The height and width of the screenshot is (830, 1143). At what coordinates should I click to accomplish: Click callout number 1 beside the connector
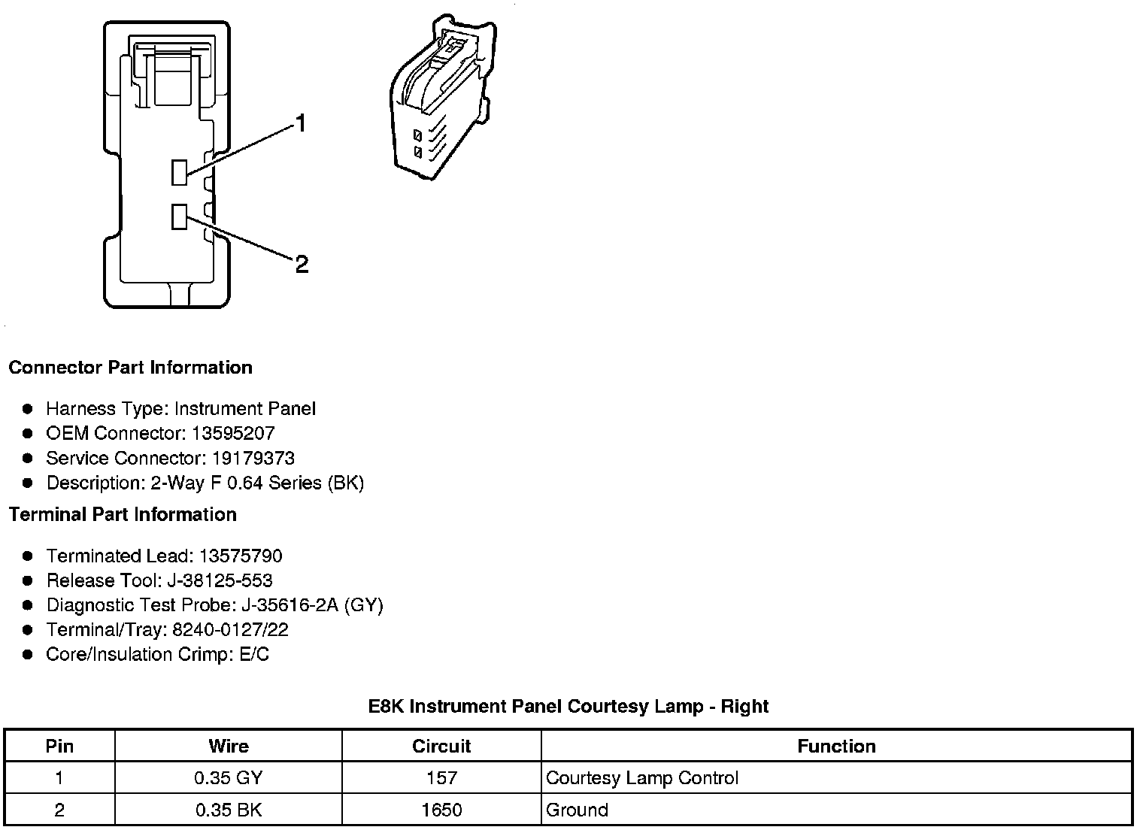coord(301,123)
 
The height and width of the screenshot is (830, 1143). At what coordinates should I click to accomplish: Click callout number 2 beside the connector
coord(302,264)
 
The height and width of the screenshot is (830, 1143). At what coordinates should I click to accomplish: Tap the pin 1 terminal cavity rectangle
coord(179,172)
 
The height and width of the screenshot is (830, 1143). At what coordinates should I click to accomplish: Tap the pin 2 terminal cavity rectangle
coord(179,217)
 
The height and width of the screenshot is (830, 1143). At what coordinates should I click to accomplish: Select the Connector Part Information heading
coord(130,368)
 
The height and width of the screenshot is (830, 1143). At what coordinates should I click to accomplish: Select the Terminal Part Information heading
coord(123,515)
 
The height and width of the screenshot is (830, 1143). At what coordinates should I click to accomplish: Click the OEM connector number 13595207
coord(233,433)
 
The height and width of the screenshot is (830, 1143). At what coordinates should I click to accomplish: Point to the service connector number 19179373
coord(253,458)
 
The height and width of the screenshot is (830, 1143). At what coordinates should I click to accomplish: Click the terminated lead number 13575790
coord(241,556)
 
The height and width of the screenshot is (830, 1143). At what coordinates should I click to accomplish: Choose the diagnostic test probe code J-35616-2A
coord(290,605)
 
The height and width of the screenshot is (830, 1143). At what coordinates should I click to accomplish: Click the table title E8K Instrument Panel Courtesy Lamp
coord(568,707)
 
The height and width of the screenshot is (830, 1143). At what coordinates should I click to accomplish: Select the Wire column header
coord(228,746)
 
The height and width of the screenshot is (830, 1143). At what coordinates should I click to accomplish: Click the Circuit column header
coord(441,746)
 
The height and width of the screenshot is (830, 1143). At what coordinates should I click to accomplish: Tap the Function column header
coord(836,746)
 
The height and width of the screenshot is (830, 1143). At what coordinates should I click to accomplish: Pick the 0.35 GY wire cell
coord(228,778)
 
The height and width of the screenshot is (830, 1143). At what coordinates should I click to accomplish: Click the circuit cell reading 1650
coord(441,810)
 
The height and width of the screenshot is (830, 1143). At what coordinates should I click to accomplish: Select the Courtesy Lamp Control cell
coord(642,778)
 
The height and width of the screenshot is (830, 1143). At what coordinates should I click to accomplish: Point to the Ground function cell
coord(577,810)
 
